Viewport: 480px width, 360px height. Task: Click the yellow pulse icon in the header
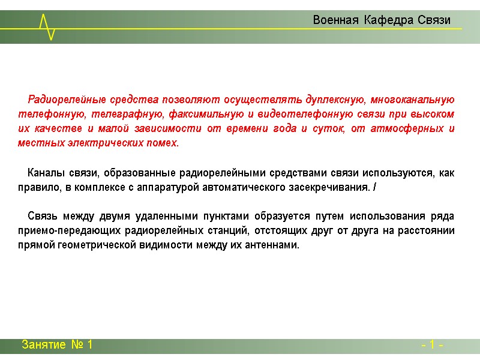click(x=47, y=27)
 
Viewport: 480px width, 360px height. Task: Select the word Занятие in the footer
click(x=44, y=345)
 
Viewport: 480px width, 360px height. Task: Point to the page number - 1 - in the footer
click(x=433, y=346)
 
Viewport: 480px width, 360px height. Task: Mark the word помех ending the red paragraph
click(x=166, y=143)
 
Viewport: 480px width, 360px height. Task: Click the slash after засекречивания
click(x=374, y=188)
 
